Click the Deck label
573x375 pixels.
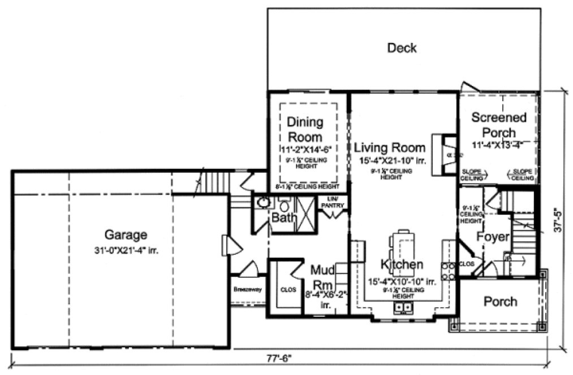(x=402, y=48)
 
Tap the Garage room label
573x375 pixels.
(x=126, y=234)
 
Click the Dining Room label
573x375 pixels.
(x=305, y=129)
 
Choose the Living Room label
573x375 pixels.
(x=390, y=148)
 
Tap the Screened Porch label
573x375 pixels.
(x=499, y=125)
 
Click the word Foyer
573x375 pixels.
(x=493, y=237)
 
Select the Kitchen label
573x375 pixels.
(x=402, y=264)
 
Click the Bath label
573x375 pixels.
(x=281, y=217)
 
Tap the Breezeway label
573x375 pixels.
(x=247, y=290)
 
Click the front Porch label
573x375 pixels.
(x=500, y=302)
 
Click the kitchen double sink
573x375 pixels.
(x=403, y=308)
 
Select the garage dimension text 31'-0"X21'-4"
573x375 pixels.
(x=126, y=251)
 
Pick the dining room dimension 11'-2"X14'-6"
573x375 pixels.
(x=305, y=149)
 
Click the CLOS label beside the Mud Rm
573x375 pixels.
(x=287, y=290)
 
